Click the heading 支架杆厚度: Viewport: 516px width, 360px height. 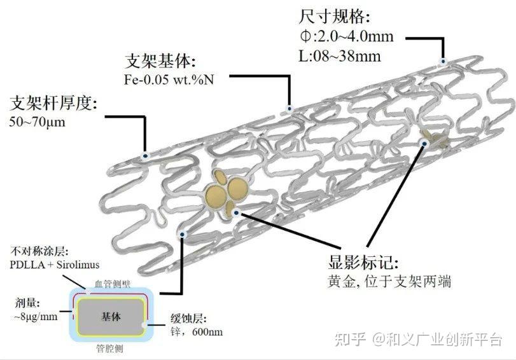[53, 102]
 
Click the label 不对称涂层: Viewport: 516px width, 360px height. [39, 252]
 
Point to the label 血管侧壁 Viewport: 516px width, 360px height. [111, 284]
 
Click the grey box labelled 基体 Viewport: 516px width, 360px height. [111, 316]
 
